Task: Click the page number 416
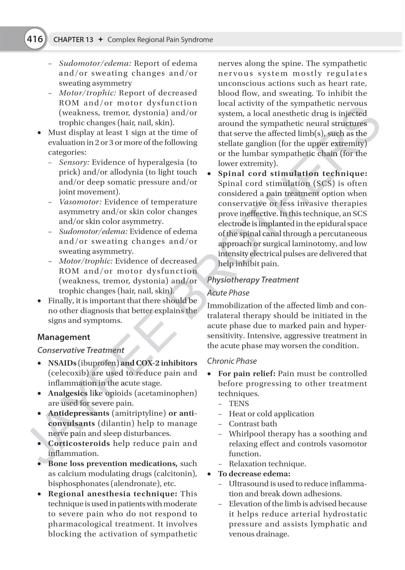point(35,39)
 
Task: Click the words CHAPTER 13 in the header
point(73,40)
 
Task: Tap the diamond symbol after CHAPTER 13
point(100,40)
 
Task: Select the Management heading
point(63,337)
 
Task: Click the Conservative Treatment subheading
point(80,350)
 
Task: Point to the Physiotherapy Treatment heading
point(253,280)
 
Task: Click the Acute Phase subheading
point(228,293)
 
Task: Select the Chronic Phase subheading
point(232,361)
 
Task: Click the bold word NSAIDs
point(62,363)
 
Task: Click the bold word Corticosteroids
point(79,444)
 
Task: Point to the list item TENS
point(239,404)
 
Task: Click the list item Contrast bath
point(253,424)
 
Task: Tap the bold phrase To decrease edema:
point(254,474)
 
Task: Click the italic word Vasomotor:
point(80,202)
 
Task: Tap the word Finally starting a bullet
point(60,301)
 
